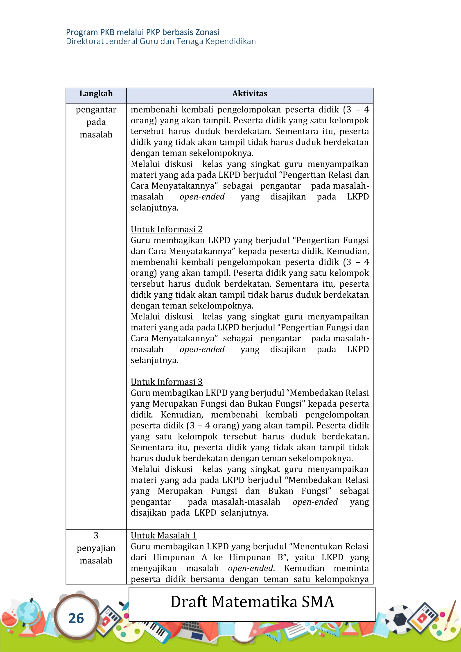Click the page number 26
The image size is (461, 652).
click(76, 618)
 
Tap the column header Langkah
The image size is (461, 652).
click(96, 94)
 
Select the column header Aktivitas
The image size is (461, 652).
click(249, 94)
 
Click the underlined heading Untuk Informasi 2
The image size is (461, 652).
click(166, 229)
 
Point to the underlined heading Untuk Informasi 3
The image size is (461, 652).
click(166, 382)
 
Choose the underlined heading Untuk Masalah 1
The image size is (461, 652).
click(163, 535)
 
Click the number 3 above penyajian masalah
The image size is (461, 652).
click(96, 535)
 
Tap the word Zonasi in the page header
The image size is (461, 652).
click(207, 32)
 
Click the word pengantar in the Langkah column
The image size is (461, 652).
click(96, 110)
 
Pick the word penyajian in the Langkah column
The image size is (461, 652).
click(96, 548)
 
